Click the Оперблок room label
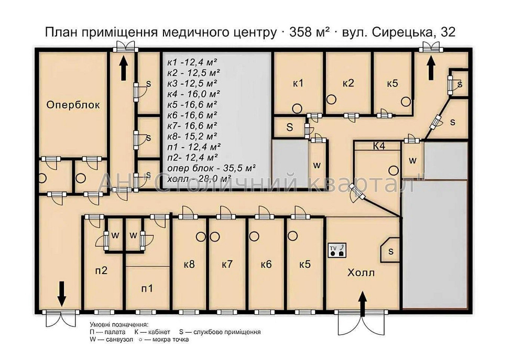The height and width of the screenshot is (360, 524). point(73,105)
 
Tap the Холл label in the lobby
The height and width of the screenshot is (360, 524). point(362,273)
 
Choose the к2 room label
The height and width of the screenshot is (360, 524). point(348,83)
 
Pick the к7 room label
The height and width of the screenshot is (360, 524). point(226,265)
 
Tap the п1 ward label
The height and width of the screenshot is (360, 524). point(148,288)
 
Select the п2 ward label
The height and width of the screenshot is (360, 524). point(101,270)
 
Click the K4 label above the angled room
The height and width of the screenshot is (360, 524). point(379,146)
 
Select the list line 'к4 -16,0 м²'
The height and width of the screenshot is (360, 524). point(192,94)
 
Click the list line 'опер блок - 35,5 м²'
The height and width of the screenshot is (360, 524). point(211,168)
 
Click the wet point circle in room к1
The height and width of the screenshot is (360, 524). point(296,107)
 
